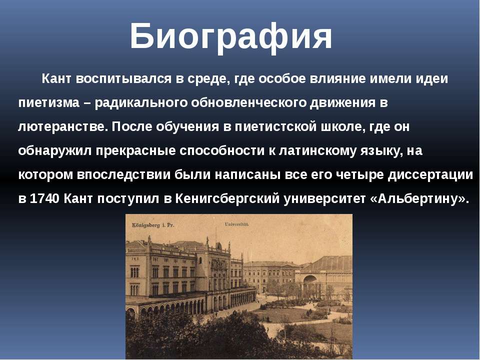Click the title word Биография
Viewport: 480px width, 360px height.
(231, 36)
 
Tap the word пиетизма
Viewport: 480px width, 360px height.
(49, 102)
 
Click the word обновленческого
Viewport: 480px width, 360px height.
(249, 102)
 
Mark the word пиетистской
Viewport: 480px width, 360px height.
(275, 126)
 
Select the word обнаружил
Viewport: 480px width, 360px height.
(55, 151)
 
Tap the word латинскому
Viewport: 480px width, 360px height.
(317, 151)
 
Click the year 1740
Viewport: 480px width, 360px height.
(44, 199)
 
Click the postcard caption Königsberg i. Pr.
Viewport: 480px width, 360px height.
(153, 225)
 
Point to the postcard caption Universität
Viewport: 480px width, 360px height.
(237, 224)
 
